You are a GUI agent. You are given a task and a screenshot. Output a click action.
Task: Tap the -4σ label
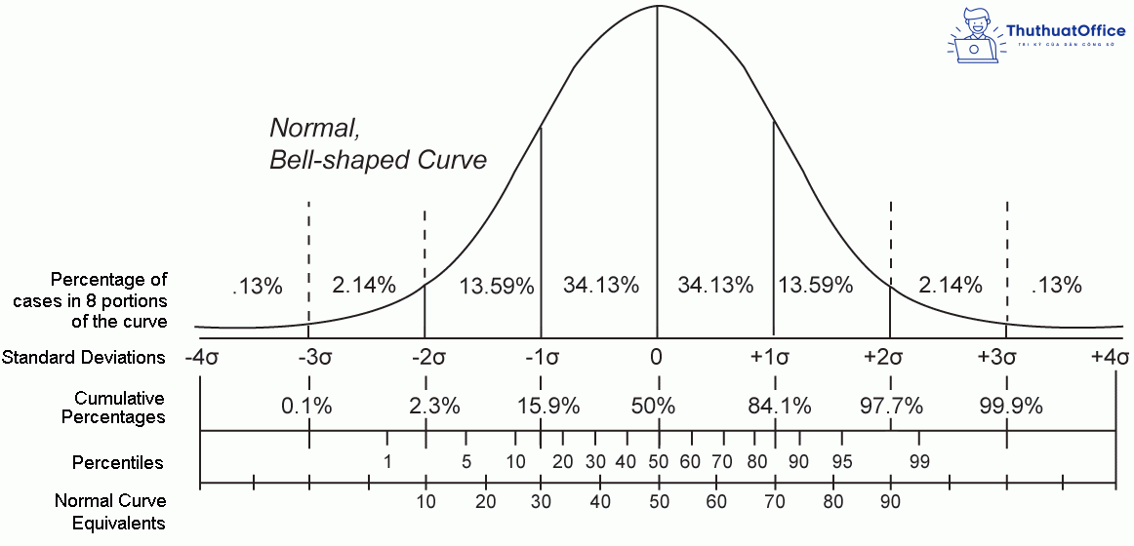[200, 357]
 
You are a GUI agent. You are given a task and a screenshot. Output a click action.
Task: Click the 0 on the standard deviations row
[657, 357]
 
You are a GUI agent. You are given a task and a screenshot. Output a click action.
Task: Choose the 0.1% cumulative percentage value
[306, 406]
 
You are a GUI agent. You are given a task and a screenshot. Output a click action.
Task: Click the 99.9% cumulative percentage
[1010, 406]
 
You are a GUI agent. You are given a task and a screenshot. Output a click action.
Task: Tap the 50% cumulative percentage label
[653, 406]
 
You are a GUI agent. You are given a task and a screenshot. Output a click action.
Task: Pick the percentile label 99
[918, 461]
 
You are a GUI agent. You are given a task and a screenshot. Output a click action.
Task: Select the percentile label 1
[387, 461]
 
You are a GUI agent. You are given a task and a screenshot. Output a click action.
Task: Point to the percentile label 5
[466, 461]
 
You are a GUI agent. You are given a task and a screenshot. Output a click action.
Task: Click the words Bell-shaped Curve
[378, 160]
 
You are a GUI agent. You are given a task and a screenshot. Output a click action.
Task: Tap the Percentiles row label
[118, 462]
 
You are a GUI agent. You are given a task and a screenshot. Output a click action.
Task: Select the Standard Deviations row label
[84, 357]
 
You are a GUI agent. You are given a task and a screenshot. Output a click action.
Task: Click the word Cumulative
[119, 398]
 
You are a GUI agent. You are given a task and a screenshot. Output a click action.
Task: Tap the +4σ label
[1111, 357]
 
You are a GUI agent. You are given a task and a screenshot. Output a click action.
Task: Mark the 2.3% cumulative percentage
[435, 406]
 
